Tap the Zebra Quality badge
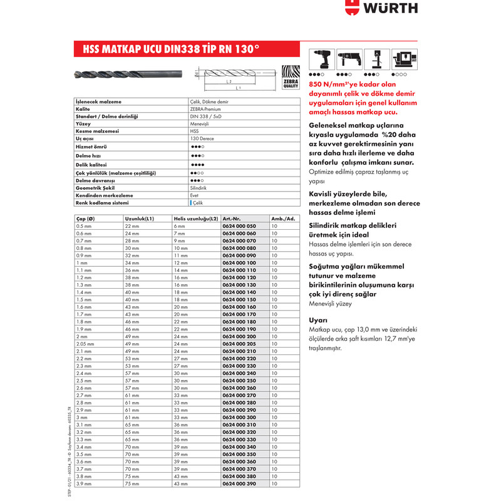click(291, 78)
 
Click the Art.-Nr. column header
click(232, 218)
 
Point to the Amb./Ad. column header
click(283, 218)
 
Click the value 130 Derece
click(203, 138)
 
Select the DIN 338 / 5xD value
click(206, 116)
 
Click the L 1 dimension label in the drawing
click(239, 88)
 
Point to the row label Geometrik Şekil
click(95, 187)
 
